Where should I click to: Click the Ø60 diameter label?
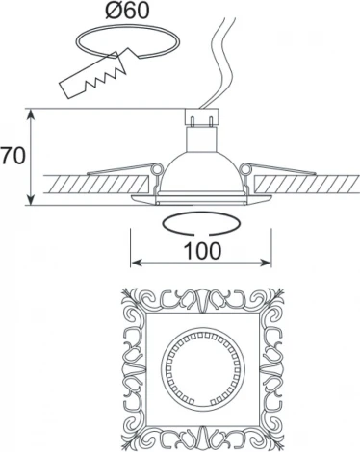[x=127, y=11]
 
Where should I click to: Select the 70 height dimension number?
[x=13, y=156]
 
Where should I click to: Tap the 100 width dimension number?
[x=202, y=250]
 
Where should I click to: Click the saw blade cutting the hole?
[x=93, y=76]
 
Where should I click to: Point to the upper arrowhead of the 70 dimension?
[x=31, y=114]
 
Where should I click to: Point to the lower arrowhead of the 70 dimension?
[x=31, y=200]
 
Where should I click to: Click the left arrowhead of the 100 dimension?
[x=136, y=264]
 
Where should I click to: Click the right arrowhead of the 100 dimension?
[x=266, y=264]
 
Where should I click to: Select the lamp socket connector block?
[x=202, y=117]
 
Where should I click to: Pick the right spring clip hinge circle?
[x=246, y=168]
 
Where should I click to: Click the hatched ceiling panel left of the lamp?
[x=96, y=184]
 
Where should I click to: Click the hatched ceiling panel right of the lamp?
[x=307, y=184]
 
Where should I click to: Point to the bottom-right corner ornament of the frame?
[x=272, y=438]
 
